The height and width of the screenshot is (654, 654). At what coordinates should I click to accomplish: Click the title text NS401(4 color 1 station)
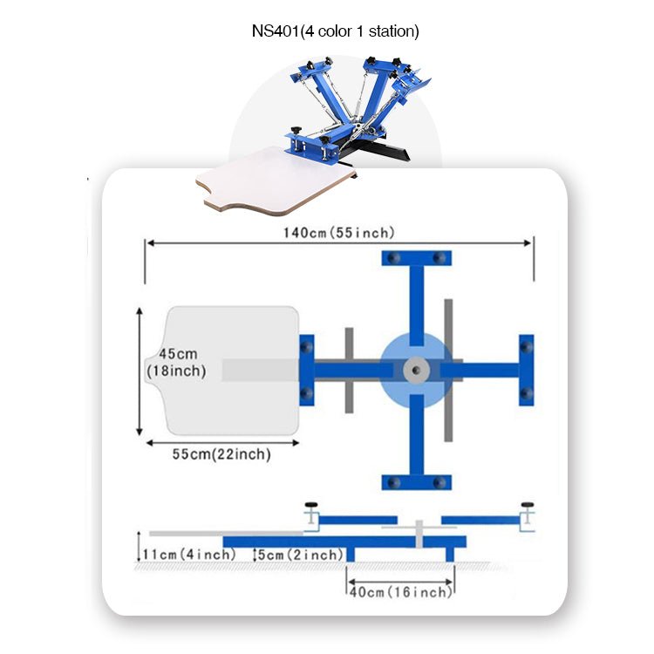[336, 32]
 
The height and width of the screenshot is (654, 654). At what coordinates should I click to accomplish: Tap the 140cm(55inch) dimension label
[338, 233]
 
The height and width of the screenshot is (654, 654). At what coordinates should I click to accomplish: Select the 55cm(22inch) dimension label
[221, 454]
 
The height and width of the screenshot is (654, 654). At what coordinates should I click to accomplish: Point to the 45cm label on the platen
[178, 354]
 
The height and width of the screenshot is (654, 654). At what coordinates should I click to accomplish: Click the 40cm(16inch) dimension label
[401, 592]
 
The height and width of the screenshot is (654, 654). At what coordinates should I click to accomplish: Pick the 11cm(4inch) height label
[188, 555]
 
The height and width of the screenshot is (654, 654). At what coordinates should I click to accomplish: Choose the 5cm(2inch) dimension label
[300, 555]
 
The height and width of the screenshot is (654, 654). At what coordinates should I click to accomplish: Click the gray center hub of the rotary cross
[416, 371]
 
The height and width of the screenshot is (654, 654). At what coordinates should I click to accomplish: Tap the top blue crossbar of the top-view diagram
[416, 259]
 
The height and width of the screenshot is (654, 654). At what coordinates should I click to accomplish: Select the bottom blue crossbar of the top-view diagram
[416, 481]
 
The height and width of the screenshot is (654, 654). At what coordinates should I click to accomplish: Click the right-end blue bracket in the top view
[526, 370]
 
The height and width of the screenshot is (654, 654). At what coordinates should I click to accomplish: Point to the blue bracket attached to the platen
[306, 370]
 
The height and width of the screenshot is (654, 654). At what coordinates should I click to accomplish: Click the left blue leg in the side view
[351, 555]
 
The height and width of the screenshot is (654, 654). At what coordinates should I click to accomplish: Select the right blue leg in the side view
[450, 555]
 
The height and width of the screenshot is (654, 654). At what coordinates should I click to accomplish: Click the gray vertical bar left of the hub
[349, 370]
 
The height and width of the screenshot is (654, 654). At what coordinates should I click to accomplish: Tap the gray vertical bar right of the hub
[448, 370]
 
